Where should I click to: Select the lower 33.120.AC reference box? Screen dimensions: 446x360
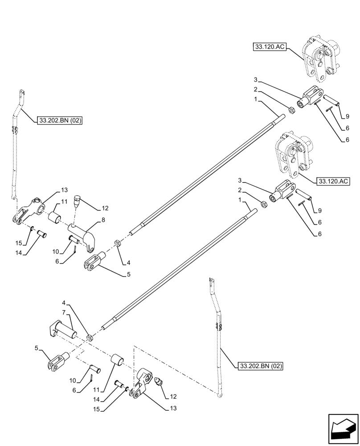333,181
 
